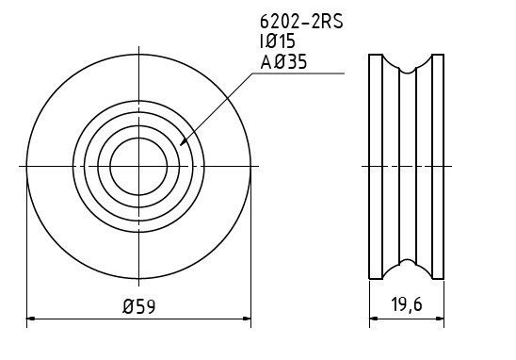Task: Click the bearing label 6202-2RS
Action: (301, 22)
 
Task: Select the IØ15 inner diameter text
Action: (278, 41)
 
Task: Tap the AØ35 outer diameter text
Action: (283, 61)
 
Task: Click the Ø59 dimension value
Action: (138, 306)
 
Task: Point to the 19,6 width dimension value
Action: (406, 304)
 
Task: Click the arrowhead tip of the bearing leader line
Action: (180, 145)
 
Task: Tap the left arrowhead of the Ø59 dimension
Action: (26, 319)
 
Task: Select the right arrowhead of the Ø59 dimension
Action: (250, 319)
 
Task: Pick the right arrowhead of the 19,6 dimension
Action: (443, 319)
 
